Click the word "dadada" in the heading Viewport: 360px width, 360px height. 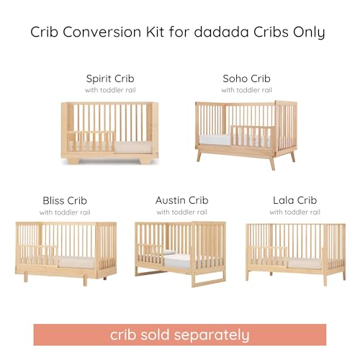[221, 32]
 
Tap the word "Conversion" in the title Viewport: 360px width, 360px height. [102, 32]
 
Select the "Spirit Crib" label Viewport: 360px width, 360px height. [110, 78]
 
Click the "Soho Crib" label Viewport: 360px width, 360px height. [246, 78]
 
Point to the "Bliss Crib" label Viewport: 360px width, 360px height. [65, 201]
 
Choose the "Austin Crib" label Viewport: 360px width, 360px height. [182, 200]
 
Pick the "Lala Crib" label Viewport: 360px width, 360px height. [295, 200]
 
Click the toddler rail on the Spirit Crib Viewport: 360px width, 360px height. [91, 141]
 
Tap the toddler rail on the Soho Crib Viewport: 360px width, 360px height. [253, 137]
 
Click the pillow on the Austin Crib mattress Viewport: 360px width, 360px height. [169, 252]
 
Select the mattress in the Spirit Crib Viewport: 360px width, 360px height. [132, 148]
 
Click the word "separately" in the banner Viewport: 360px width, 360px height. [212, 336]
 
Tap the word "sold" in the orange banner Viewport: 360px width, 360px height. [155, 334]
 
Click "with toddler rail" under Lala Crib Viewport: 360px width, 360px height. [295, 212]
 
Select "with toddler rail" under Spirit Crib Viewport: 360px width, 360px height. [110, 90]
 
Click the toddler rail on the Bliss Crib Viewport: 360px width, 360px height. [38, 256]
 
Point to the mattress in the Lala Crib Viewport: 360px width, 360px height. [304, 264]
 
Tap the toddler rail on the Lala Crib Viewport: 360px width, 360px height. [268, 257]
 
